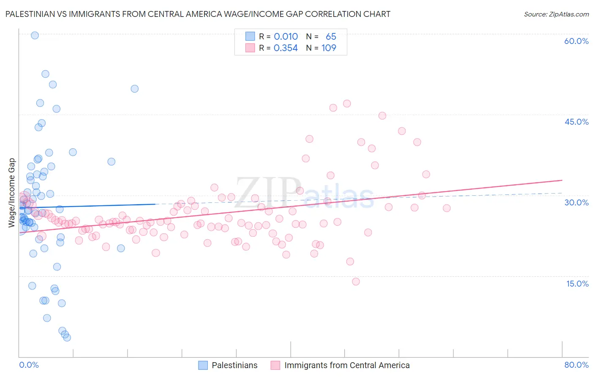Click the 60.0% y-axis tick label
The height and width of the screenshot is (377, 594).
pos(576,41)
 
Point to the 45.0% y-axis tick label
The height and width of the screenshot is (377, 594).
pos(576,122)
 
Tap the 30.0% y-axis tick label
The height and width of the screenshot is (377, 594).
pos(576,202)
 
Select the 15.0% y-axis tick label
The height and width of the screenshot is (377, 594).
pos(577,283)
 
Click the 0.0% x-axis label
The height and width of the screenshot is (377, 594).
pos(29,365)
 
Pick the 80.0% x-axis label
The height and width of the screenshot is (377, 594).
pos(576,365)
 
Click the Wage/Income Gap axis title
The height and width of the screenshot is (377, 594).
pos(12,193)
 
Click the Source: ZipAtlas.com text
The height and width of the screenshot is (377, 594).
pos(556,14)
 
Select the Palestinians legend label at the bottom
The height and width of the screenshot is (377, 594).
pos(234,365)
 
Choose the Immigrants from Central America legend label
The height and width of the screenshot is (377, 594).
pos(347,365)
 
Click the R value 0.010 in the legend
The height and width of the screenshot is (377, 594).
pos(286,36)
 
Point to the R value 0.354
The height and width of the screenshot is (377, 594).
pos(286,48)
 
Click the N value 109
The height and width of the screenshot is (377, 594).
pos(329,48)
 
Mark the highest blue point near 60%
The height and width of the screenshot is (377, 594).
pos(35,36)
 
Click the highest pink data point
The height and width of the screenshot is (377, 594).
pos(347,104)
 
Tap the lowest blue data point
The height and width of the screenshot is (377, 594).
pos(67,337)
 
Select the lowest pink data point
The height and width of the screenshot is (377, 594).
pos(356,281)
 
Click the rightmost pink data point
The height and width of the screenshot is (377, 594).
pos(447,208)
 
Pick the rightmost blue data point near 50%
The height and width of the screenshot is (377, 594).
pos(135,89)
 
